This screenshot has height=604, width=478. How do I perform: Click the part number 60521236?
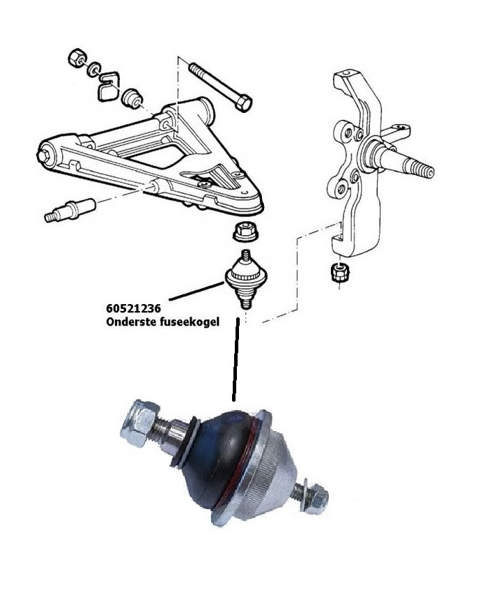[134, 308]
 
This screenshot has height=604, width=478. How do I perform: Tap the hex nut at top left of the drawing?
[77, 58]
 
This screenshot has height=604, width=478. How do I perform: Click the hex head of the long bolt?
[243, 104]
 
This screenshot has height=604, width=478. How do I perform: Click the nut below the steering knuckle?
[340, 272]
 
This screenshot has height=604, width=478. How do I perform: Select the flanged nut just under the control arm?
[245, 232]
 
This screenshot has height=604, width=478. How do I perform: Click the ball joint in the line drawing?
[245, 278]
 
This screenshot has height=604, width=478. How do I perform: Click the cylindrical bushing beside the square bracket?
[132, 98]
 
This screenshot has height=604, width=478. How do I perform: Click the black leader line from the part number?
[196, 291]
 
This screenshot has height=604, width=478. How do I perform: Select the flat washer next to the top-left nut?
[93, 69]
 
